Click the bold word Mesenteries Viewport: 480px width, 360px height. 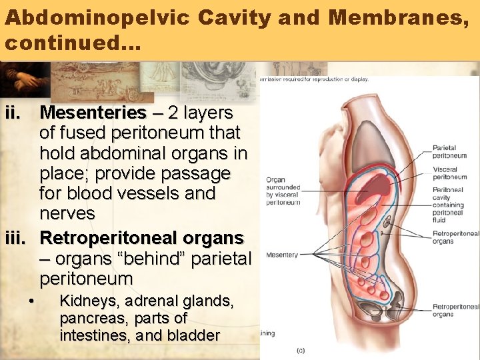click(93, 112)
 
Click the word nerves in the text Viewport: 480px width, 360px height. click(67, 213)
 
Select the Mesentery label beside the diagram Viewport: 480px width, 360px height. click(282, 255)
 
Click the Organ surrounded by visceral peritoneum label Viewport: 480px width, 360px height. click(283, 191)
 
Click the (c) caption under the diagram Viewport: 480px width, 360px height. click(301, 349)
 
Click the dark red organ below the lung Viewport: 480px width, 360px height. click(376, 184)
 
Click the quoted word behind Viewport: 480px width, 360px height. click(156, 257)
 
